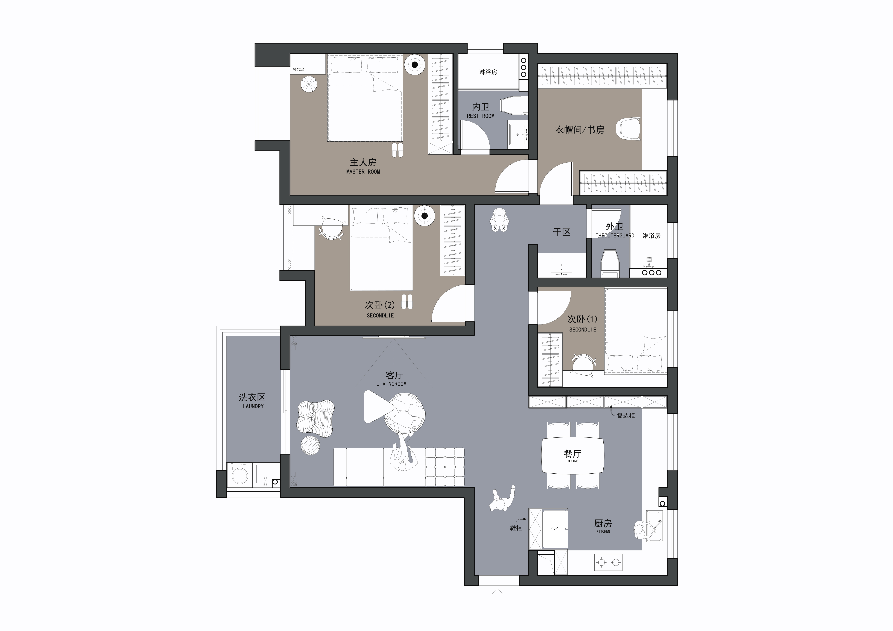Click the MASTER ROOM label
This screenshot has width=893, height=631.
pos(363,171)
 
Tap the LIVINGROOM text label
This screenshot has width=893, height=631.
pos(391,384)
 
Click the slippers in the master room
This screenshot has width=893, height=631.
pos(398,150)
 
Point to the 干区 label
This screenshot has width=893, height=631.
pos(562,232)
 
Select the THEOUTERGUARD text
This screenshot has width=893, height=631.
pos(615,236)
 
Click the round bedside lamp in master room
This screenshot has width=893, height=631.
pos(415,65)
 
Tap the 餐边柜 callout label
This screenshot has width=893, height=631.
pos(626,416)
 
